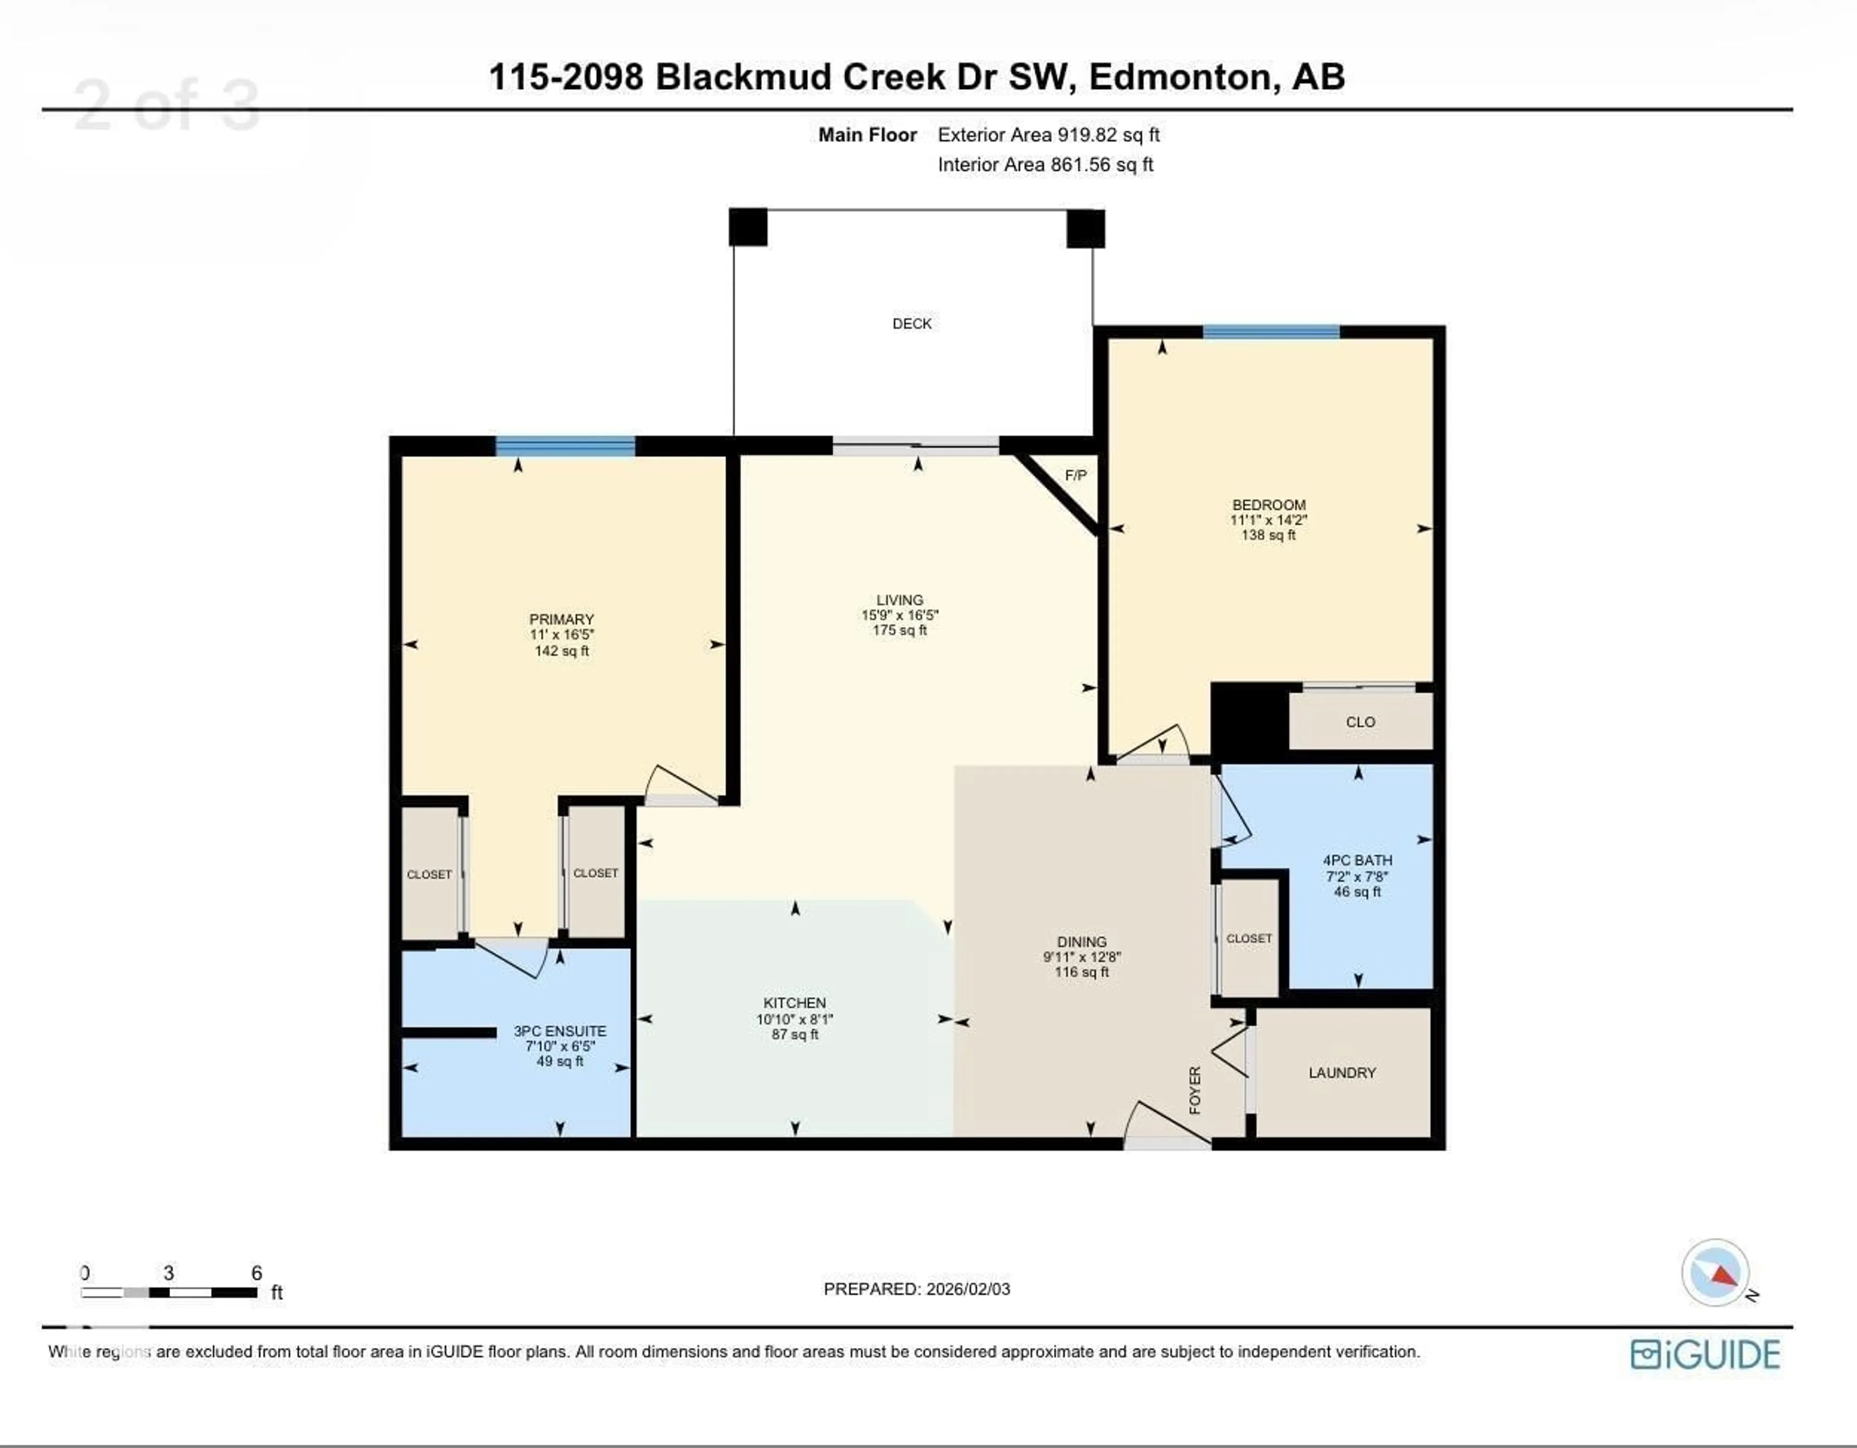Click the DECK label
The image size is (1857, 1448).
coord(912,324)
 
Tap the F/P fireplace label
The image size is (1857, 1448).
coord(1075,475)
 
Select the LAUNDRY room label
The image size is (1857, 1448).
coord(1342,1073)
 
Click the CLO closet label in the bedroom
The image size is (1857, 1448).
coord(1359,722)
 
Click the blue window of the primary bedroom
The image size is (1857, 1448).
coord(565,446)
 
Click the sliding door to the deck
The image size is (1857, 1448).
coord(916,446)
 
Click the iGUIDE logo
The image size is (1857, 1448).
coord(1705,1355)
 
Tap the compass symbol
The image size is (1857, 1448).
coord(1715,1273)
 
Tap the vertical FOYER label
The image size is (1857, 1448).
coord(1194,1090)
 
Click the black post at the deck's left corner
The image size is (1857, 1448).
coord(747,227)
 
